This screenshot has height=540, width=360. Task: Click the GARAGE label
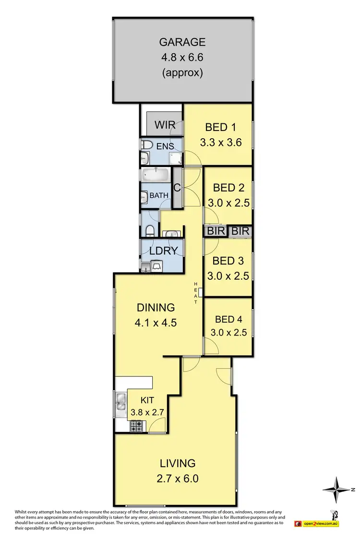(183, 42)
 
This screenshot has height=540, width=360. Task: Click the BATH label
(159, 195)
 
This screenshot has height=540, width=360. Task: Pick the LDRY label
(164, 250)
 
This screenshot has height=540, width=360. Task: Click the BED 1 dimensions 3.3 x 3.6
(220, 142)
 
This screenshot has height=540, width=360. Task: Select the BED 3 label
(228, 261)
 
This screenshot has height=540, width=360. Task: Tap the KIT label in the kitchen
(147, 400)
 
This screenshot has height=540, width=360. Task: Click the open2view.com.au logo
(321, 523)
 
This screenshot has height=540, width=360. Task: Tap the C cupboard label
(177, 188)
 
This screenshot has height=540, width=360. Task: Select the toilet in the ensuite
(147, 144)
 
